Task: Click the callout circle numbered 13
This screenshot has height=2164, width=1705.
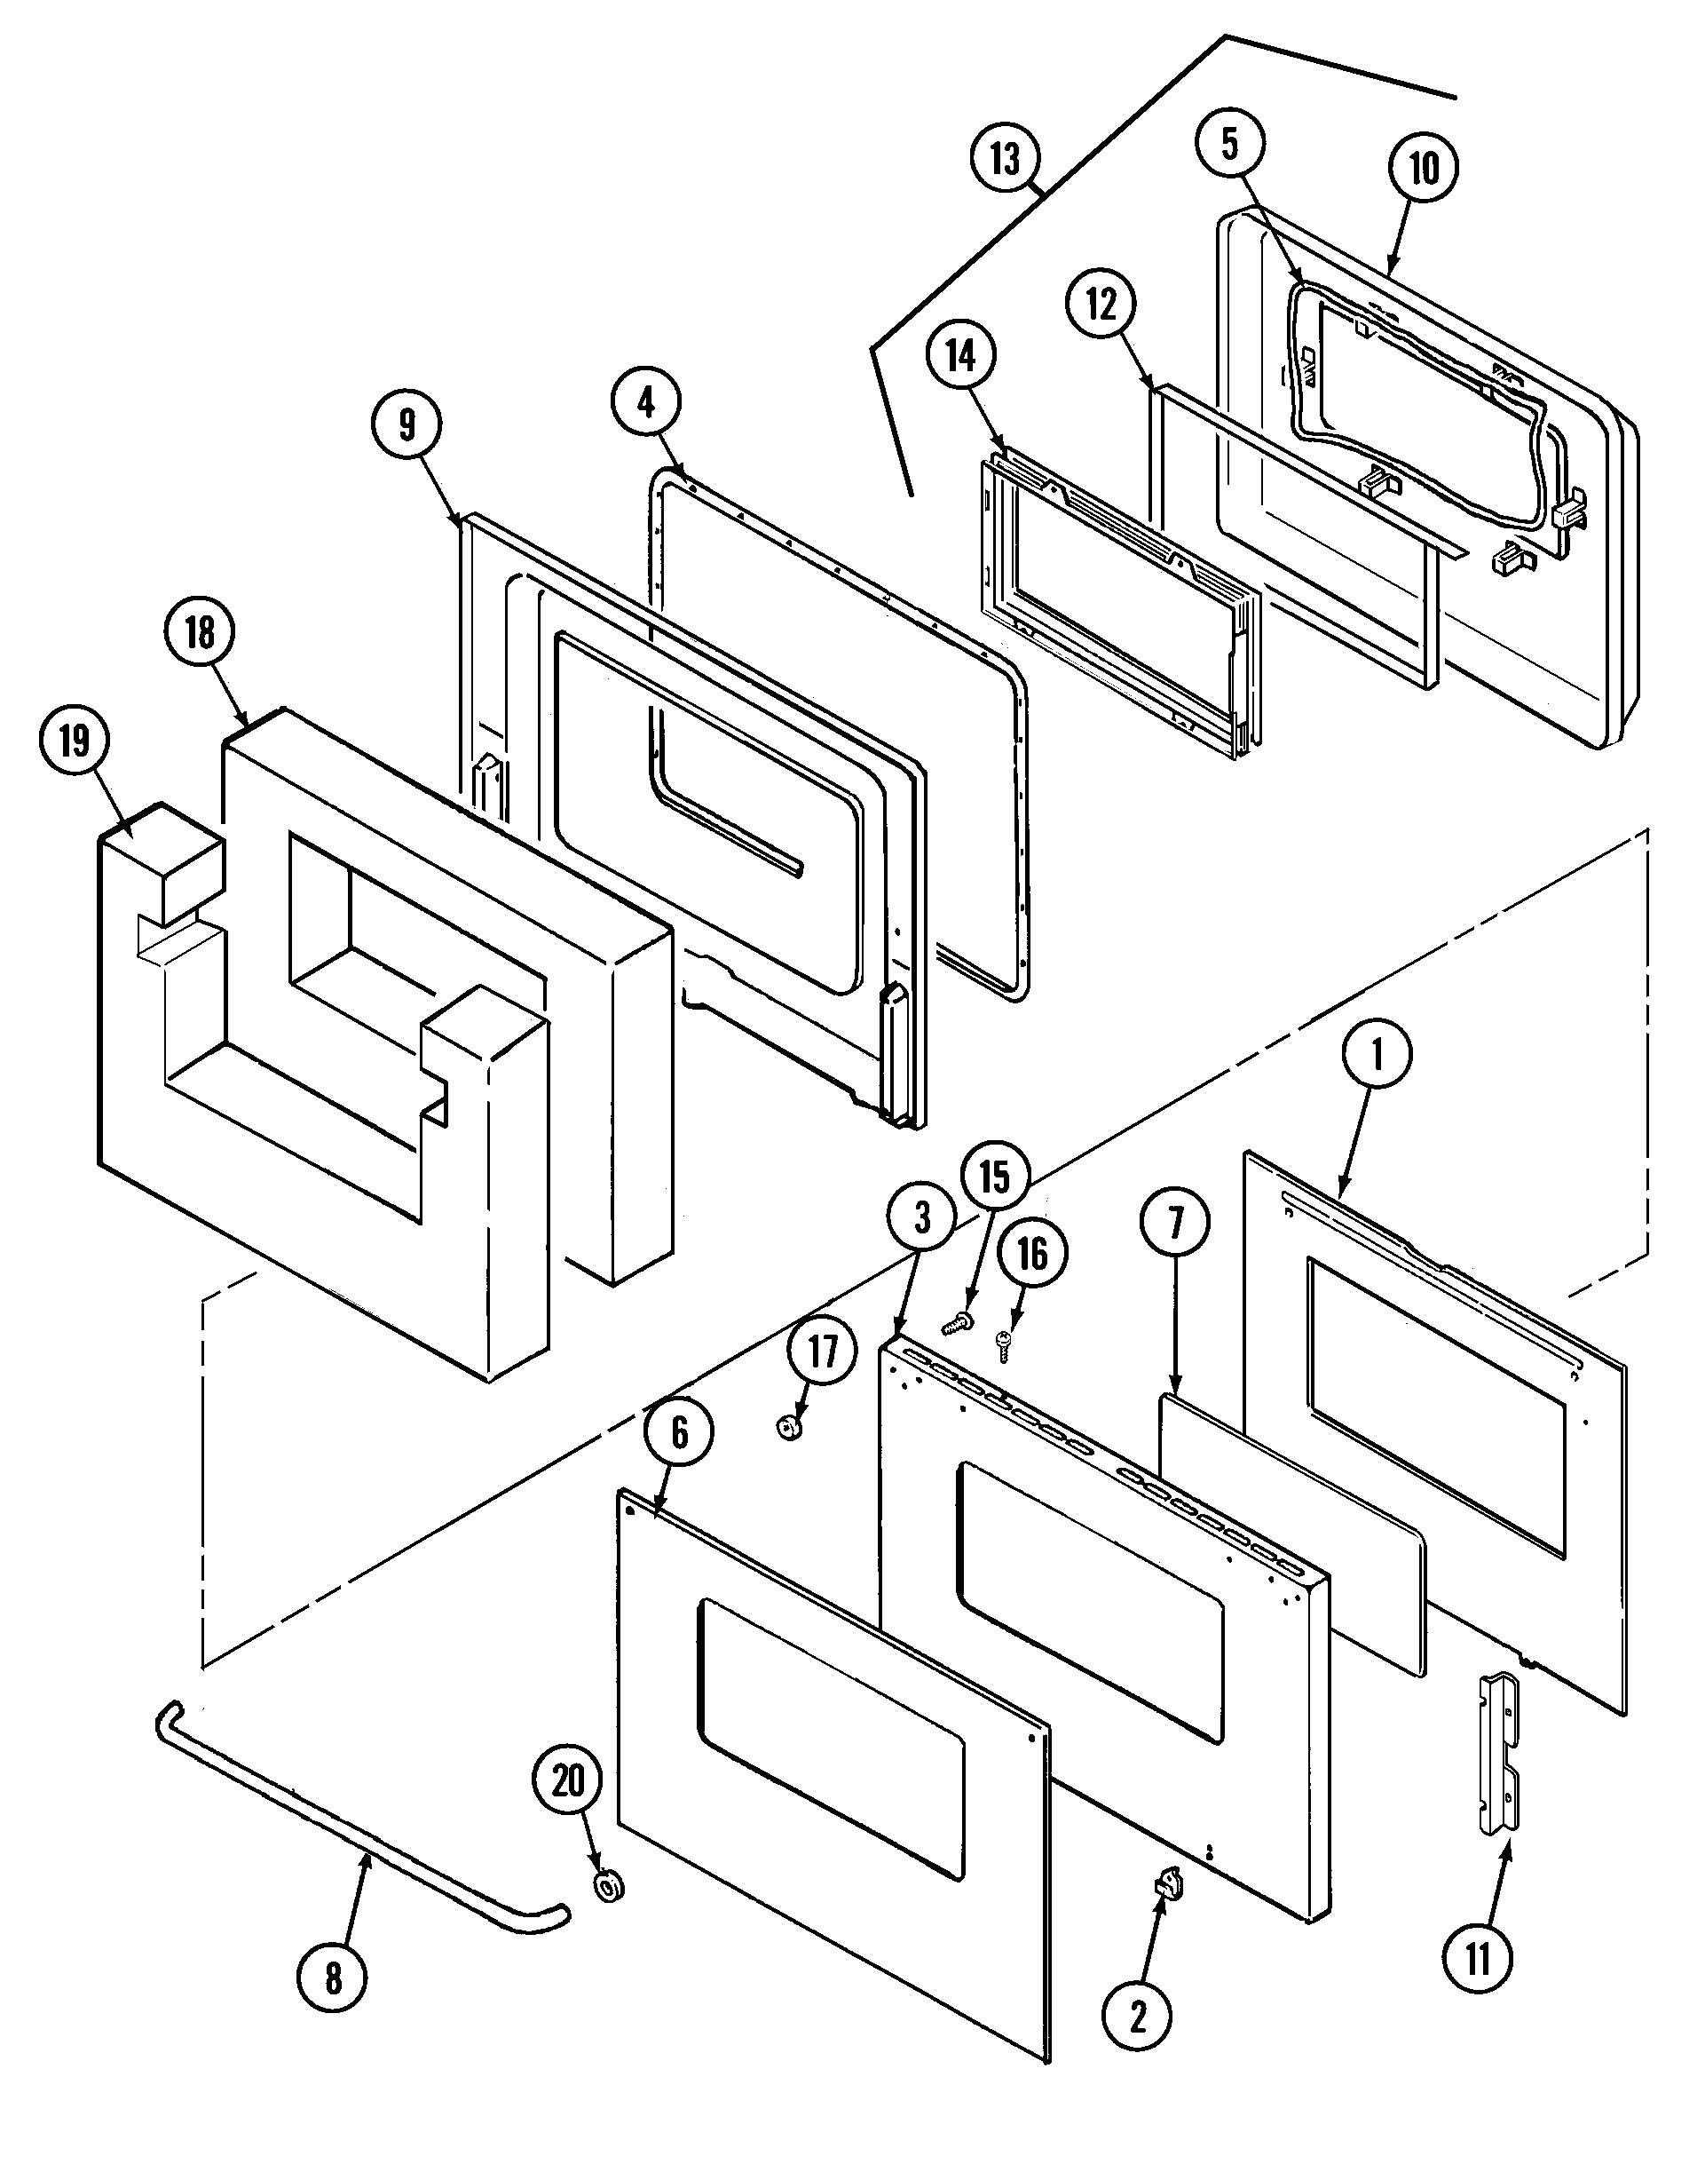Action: pos(1006,159)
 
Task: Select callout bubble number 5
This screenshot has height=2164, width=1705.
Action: pos(1230,143)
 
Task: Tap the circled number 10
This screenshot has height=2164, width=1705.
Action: pos(1424,167)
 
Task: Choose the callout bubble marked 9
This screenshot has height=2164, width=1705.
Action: pos(407,424)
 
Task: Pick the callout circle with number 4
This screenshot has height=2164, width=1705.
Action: pos(647,402)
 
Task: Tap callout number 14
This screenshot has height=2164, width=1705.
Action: pos(960,355)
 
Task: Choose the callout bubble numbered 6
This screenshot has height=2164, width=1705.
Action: pos(680,1433)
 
